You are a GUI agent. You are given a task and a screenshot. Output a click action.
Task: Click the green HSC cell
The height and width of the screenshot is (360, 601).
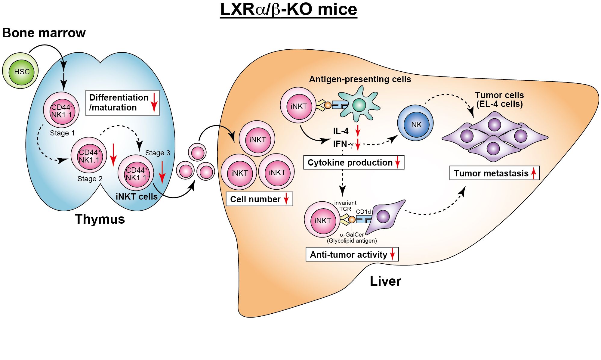(x=21, y=71)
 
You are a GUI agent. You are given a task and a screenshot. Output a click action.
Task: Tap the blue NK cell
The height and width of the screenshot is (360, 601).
(x=415, y=124)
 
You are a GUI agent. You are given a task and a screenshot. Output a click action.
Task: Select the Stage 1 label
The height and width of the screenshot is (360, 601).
(x=62, y=133)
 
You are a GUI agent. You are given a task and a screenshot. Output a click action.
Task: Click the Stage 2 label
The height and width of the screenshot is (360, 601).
(x=90, y=179)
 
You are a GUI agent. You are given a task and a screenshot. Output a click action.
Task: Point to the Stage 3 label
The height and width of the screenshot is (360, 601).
(x=158, y=153)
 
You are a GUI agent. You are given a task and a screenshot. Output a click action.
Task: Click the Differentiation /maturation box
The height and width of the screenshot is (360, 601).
(x=122, y=103)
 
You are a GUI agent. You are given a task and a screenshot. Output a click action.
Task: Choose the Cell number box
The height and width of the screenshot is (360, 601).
(x=259, y=199)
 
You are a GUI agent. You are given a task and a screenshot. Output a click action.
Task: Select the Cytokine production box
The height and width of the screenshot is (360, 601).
(x=353, y=163)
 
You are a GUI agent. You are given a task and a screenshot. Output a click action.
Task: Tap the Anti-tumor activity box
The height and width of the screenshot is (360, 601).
(x=352, y=254)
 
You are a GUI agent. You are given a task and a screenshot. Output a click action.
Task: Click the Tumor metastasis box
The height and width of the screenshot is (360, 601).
(x=494, y=173)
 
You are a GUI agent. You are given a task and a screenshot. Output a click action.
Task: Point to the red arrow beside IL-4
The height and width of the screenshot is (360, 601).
(x=358, y=131)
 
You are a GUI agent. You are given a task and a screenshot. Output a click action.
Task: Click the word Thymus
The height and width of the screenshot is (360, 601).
(x=100, y=219)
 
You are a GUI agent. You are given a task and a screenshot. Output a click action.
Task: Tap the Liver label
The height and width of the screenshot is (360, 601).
(x=385, y=281)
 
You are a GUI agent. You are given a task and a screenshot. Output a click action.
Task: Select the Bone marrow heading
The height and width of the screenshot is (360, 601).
(x=44, y=33)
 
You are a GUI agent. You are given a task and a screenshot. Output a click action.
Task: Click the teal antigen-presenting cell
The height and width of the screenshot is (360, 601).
(x=359, y=104)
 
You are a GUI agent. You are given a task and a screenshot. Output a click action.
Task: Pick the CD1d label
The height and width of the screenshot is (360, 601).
(x=363, y=212)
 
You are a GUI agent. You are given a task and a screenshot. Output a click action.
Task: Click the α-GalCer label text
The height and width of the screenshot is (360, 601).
(x=352, y=234)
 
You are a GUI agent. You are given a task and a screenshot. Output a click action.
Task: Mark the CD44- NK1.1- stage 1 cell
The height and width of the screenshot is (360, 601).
(x=61, y=111)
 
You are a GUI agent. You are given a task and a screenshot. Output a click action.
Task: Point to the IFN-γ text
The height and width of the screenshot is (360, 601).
(x=343, y=144)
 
